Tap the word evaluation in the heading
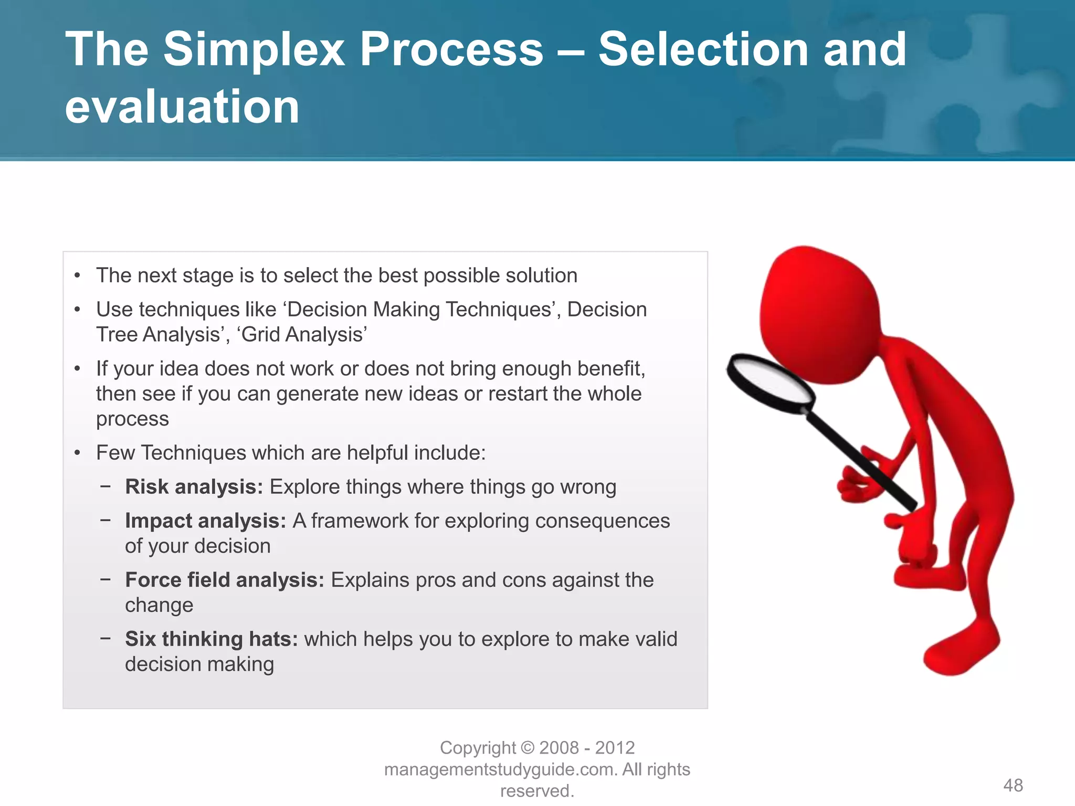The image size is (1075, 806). [x=182, y=107]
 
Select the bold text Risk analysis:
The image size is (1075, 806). [x=194, y=486]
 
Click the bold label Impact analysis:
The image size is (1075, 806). [x=205, y=521]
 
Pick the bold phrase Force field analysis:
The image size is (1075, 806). [x=225, y=580]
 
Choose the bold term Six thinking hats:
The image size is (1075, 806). [x=211, y=639]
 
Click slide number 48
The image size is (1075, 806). [x=1013, y=785]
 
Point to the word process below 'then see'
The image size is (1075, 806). [x=132, y=419]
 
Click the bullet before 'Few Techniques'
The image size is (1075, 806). [x=77, y=453]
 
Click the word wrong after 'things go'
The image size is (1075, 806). [x=588, y=487]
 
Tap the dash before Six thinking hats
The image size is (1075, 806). [x=106, y=639]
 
